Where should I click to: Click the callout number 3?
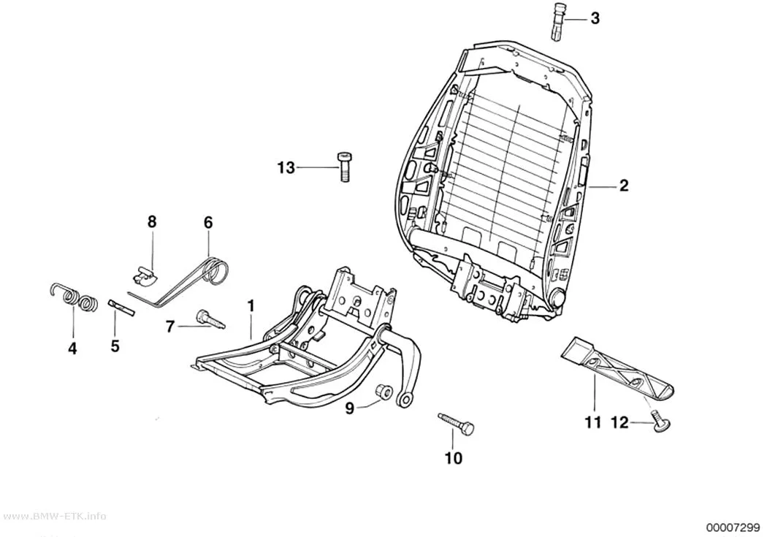(x=595, y=18)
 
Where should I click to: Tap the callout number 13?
(x=286, y=168)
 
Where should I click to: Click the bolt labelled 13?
(x=344, y=167)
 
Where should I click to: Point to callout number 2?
(x=624, y=186)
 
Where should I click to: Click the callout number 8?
(x=152, y=221)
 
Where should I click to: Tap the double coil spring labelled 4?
(x=74, y=298)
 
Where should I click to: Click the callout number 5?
(x=115, y=346)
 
